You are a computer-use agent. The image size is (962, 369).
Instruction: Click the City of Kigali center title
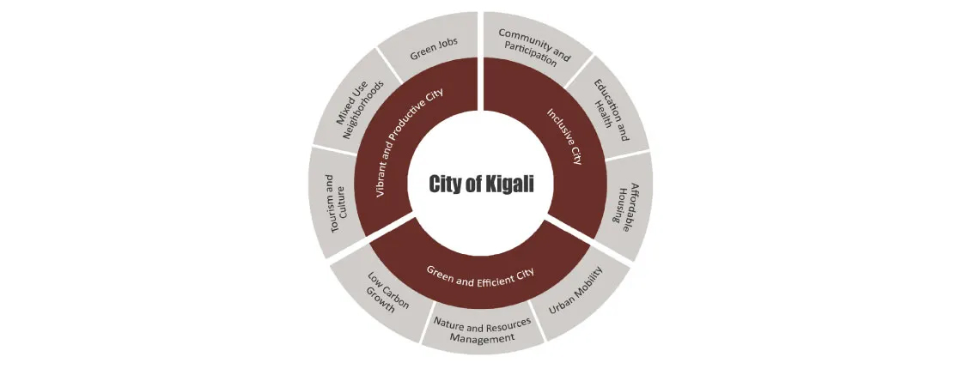481,184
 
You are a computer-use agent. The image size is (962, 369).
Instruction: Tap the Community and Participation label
535,47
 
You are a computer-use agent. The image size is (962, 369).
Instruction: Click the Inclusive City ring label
564,136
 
